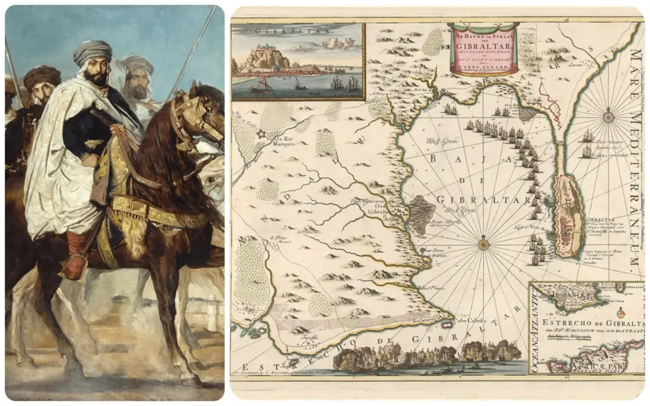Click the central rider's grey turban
click(93, 52)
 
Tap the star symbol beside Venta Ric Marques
click(261, 134)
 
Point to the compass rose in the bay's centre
click(484, 243)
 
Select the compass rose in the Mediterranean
click(608, 117)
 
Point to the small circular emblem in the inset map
click(621, 311)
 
